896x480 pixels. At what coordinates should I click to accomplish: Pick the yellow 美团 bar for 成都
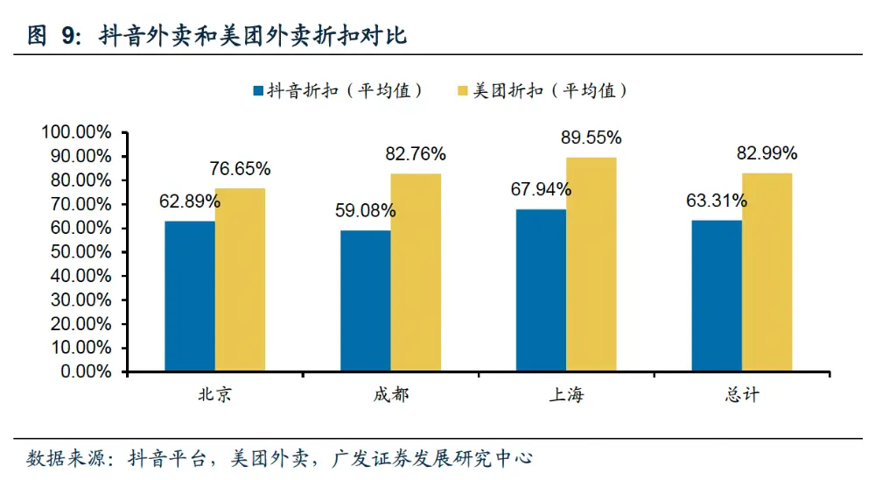(416, 272)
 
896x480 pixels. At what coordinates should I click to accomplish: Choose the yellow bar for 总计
(767, 272)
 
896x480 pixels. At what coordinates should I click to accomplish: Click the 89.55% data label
(591, 138)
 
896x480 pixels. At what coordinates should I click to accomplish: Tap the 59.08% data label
(365, 211)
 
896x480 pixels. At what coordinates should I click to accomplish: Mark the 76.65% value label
(240, 168)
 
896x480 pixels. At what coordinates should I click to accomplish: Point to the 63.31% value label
(717, 201)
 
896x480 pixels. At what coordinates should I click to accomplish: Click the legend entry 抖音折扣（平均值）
(338, 90)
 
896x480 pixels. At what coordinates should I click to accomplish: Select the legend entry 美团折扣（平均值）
(543, 90)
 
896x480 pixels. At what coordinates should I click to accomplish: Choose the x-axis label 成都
(390, 395)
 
